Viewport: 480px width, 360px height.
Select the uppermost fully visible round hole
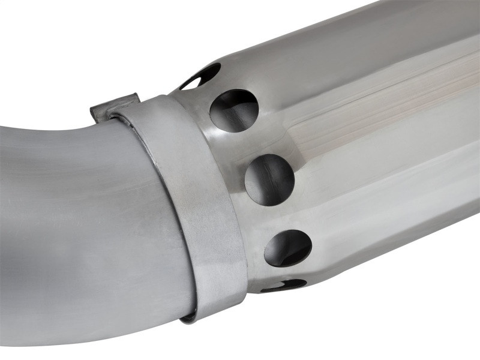[234, 110]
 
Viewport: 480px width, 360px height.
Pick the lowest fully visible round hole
[288, 247]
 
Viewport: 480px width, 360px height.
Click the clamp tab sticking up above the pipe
[114, 106]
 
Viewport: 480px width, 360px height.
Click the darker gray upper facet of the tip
[336, 36]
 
